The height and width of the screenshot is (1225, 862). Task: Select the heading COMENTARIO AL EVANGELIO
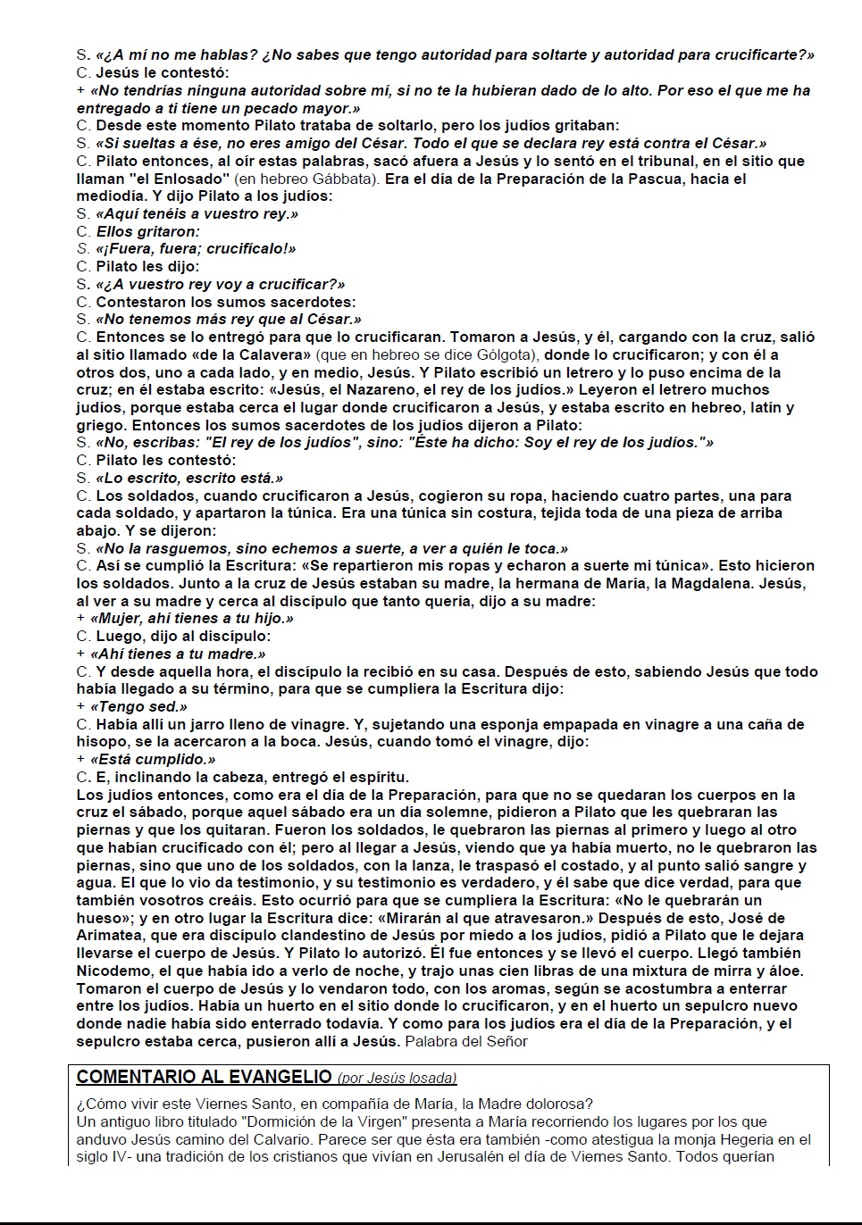tap(205, 1077)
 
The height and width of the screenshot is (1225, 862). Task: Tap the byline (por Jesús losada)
tap(398, 1078)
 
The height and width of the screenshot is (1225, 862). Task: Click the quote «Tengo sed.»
tap(139, 706)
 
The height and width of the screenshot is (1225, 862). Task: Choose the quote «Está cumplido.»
tap(154, 759)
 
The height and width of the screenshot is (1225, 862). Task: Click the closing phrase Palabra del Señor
tap(466, 1041)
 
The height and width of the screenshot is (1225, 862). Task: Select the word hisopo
tap(101, 741)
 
